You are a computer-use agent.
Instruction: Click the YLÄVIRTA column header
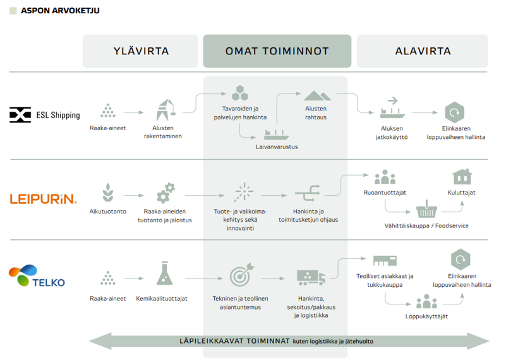point(142,51)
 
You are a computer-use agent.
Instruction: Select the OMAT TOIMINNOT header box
point(277,51)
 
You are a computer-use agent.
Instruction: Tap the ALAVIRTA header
point(423,51)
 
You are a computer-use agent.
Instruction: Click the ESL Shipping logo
point(45,114)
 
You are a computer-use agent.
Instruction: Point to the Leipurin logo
point(44,198)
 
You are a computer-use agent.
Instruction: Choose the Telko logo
point(37,277)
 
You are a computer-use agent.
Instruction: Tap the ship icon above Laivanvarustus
point(277,134)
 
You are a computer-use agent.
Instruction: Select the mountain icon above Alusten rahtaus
point(316,95)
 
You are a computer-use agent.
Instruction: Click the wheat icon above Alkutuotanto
point(107,193)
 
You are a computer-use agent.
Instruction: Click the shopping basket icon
point(426,208)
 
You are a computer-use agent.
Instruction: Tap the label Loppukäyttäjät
point(426,316)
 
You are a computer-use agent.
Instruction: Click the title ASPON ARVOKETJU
point(60,11)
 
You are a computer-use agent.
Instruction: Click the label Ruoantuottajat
point(384,193)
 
